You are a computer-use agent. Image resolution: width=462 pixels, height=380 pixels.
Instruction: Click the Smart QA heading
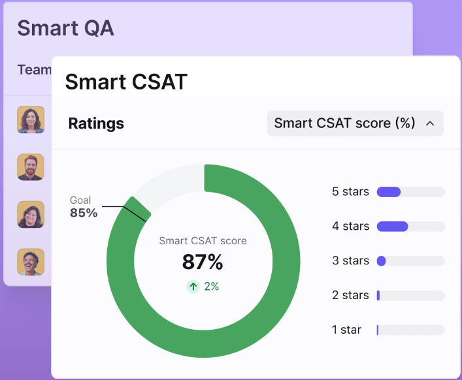65,29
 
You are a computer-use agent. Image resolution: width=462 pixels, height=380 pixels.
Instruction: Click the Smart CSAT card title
126,82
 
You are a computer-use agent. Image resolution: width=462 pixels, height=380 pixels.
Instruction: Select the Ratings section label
96,123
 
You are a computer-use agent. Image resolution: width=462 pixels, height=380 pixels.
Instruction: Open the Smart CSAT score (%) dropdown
355,123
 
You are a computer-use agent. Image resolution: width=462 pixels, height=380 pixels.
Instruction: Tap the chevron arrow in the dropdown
430,123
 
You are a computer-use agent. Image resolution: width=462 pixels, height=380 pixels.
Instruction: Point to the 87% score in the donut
203,262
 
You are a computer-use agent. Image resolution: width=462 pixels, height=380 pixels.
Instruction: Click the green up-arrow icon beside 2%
193,287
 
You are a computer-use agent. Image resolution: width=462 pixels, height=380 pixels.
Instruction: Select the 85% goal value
84,213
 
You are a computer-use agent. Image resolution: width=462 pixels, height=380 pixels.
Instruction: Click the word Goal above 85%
80,200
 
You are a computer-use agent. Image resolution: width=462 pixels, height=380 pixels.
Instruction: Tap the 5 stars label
350,191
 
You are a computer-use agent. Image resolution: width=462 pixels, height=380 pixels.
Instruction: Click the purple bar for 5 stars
389,192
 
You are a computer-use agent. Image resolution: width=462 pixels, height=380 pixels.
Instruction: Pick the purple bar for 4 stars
393,227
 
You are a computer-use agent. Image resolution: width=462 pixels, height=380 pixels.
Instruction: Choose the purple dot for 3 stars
381,261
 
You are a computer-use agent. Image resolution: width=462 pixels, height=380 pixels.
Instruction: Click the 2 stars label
350,295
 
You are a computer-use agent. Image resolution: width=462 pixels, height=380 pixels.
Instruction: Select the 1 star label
346,330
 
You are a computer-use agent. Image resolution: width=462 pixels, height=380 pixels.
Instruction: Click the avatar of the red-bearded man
31,167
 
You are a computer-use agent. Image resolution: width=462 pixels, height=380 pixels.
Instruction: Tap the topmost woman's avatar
31,119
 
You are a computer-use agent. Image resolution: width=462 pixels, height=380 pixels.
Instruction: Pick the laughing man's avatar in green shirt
31,262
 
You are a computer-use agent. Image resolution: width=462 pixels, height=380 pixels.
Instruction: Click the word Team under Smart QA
35,70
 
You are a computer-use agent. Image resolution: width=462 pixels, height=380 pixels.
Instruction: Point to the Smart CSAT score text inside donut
203,241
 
